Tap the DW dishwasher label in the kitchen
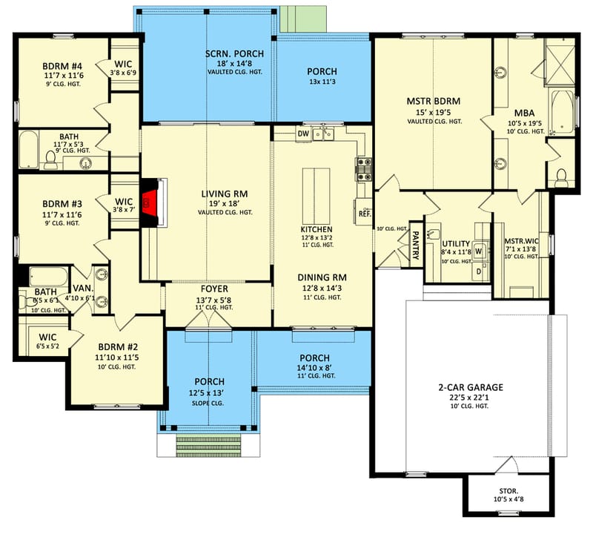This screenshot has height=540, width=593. [302, 134]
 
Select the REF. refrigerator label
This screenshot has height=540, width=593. [364, 214]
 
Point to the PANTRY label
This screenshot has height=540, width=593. [416, 246]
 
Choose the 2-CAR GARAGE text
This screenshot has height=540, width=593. [470, 387]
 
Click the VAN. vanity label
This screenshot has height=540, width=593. [82, 289]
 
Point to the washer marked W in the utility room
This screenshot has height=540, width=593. [478, 251]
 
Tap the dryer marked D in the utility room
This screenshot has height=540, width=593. [478, 271]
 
